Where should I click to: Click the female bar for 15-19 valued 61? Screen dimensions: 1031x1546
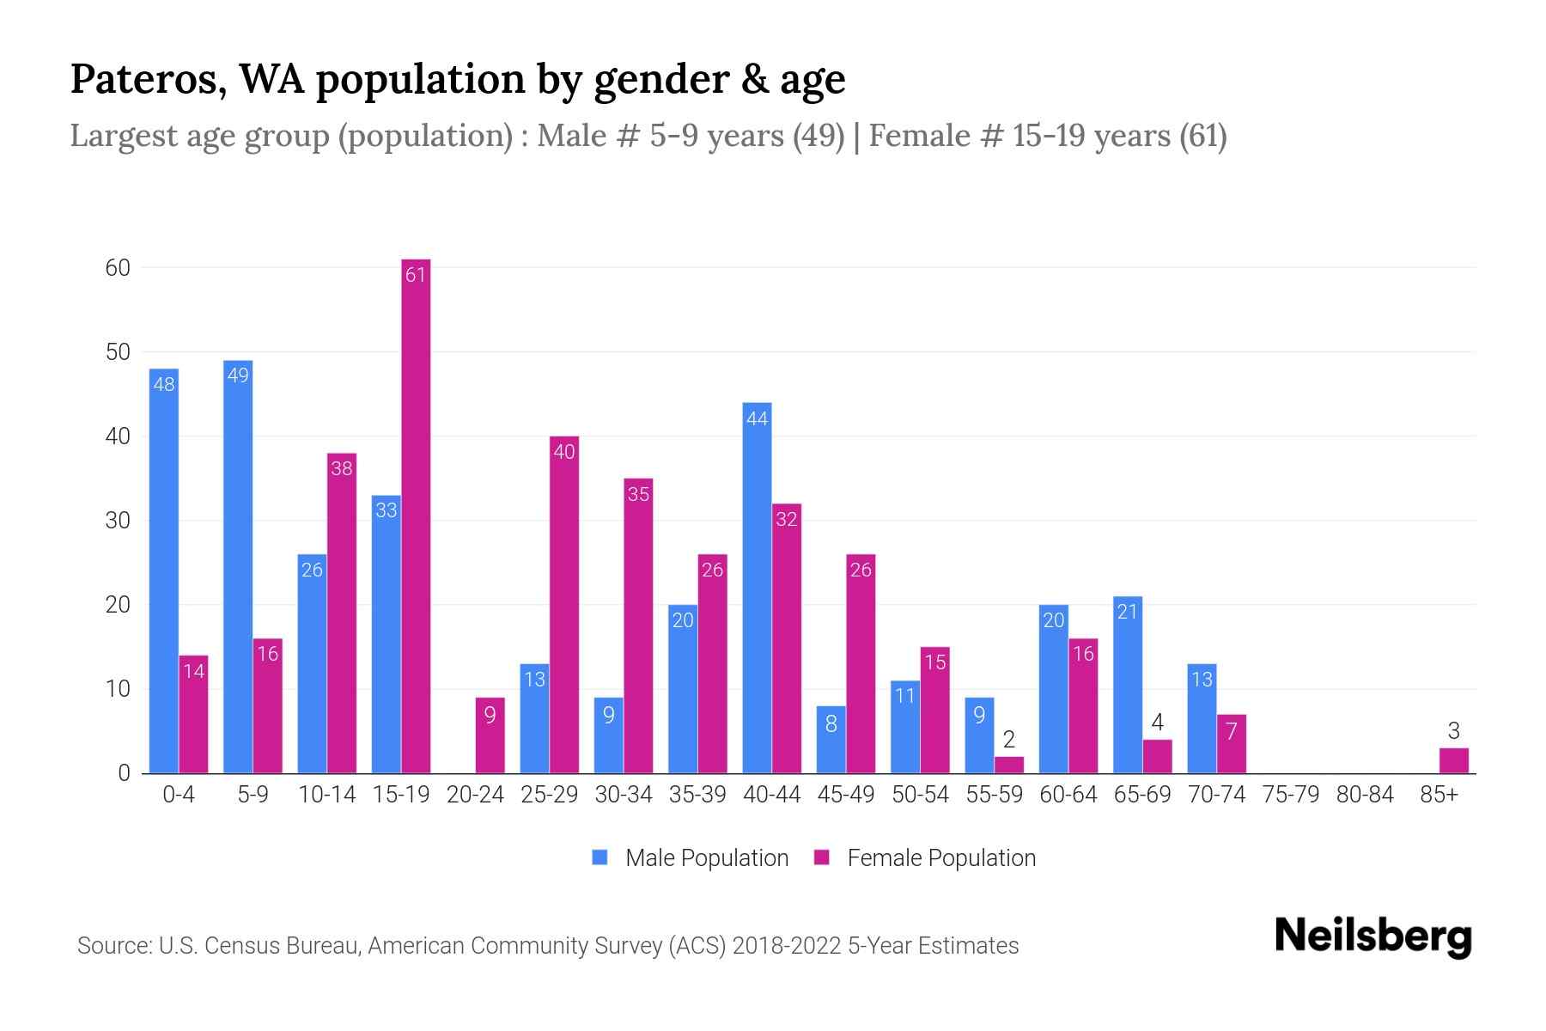pos(416,515)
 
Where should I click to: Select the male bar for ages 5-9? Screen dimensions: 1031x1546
pos(238,567)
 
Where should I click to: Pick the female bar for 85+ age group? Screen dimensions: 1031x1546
pos(1453,761)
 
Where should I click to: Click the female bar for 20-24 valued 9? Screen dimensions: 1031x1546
pos(490,735)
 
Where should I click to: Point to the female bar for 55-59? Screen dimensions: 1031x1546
pos(1009,765)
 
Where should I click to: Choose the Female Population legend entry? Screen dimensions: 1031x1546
pos(925,857)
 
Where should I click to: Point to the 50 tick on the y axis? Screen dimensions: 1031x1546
pos(119,352)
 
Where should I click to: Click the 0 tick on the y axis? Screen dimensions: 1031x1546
pos(125,773)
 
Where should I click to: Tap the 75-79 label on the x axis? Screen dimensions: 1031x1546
pos(1291,795)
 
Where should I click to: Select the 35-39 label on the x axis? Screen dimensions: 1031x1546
pos(697,795)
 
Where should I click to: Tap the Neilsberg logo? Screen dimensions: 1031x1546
pos(1373,936)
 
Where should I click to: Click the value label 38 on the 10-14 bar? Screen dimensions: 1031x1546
pos(342,469)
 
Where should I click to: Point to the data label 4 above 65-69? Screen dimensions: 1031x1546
pos(1157,723)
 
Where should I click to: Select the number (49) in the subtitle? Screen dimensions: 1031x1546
pos(819,136)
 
